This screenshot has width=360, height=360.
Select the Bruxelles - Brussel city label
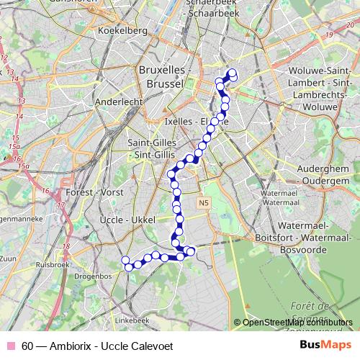162,77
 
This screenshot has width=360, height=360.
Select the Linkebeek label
130,319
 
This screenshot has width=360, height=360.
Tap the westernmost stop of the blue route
125,261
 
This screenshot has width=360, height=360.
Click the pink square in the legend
10,346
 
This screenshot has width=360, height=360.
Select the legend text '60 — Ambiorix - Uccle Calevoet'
97,346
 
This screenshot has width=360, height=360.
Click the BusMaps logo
325,345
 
